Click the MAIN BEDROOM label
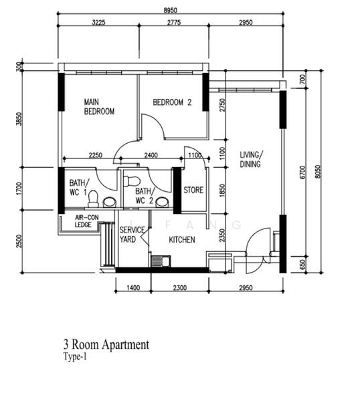(99, 107)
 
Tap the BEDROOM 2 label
(172, 102)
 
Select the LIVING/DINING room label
(251, 159)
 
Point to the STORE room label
(193, 190)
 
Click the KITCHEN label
(182, 239)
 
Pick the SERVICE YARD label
(131, 235)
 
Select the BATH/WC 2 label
(144, 195)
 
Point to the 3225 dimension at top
(98, 23)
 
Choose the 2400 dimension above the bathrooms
(151, 155)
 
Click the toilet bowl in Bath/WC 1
(94, 198)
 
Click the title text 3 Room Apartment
(106, 345)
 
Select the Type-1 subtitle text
(75, 358)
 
